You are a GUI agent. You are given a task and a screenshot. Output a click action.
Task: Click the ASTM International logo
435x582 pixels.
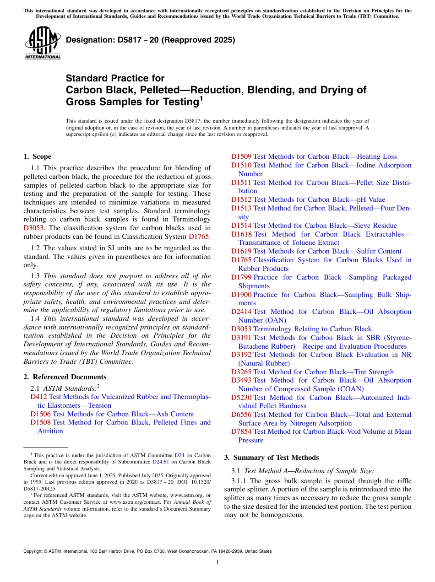43,43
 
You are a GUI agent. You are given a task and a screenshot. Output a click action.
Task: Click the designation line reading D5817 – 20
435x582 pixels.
150,40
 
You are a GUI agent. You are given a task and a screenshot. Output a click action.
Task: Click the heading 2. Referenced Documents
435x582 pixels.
65,377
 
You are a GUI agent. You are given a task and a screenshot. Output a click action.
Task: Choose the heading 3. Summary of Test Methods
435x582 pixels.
271,458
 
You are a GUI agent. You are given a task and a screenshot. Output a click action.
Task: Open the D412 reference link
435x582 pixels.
38,397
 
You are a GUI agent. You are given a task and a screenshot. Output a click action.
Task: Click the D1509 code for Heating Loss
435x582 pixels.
241,156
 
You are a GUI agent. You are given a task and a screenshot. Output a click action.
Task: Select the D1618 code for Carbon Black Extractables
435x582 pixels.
241,234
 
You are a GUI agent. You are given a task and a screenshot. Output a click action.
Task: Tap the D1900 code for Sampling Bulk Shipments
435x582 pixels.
241,295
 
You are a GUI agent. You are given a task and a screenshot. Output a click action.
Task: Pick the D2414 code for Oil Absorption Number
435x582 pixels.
241,312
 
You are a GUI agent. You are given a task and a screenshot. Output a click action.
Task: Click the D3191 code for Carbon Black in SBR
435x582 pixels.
241,338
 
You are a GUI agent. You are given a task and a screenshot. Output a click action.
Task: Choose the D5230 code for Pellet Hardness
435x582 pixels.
241,398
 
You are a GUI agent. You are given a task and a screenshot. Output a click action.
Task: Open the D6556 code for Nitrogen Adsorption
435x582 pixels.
241,415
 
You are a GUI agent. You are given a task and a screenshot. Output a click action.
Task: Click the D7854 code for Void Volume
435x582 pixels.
241,431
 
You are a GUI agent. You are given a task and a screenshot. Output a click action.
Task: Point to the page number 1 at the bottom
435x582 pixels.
217,562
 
